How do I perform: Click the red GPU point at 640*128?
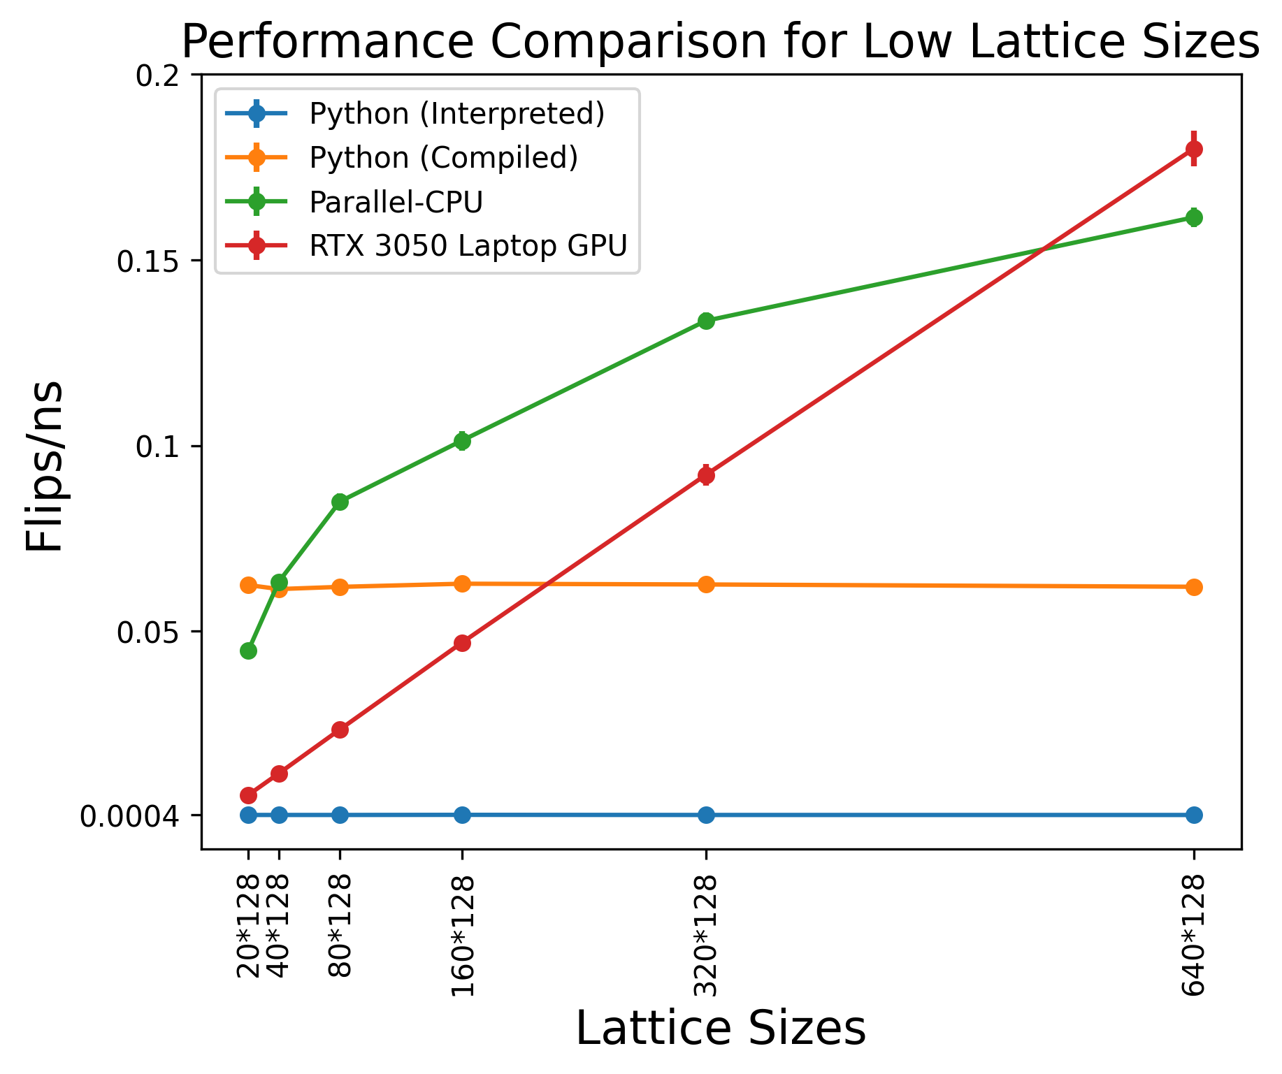(x=1194, y=149)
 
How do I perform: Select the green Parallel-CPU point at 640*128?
(x=1194, y=217)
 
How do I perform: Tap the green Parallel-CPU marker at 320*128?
(x=706, y=321)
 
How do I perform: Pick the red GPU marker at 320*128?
(x=706, y=475)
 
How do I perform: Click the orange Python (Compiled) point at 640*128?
(x=1194, y=587)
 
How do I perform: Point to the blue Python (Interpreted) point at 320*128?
(x=706, y=815)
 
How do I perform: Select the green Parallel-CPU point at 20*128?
(x=248, y=651)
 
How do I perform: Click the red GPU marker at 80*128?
(x=340, y=730)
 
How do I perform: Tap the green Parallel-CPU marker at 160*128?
(x=462, y=441)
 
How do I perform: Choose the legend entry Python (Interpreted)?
(x=456, y=114)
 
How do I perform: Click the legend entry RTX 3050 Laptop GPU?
(x=468, y=245)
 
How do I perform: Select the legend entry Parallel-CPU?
(x=396, y=202)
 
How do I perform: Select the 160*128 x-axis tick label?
(x=463, y=936)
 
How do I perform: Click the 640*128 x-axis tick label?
(x=1194, y=936)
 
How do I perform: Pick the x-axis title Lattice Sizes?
(x=721, y=1029)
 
